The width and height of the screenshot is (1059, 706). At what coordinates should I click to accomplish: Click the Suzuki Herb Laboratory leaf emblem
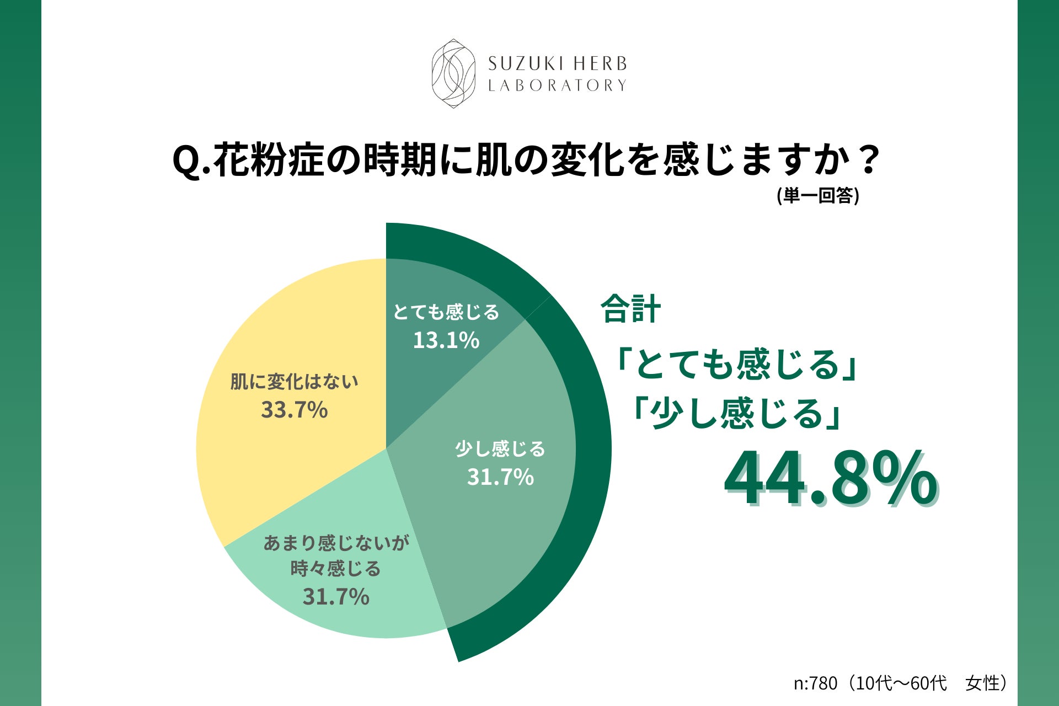pyautogui.click(x=453, y=73)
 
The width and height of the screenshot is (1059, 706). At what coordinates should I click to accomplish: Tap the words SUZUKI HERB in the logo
pyautogui.click(x=557, y=64)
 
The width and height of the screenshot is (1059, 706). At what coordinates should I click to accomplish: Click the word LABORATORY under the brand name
pyautogui.click(x=557, y=85)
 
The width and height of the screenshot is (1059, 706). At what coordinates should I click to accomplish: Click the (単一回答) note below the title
pyautogui.click(x=817, y=195)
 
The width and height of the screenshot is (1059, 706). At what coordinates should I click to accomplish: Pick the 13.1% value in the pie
pyautogui.click(x=446, y=340)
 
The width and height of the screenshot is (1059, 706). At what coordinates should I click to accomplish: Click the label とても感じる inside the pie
pyautogui.click(x=446, y=312)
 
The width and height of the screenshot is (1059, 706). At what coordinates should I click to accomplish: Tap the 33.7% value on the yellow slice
pyautogui.click(x=294, y=410)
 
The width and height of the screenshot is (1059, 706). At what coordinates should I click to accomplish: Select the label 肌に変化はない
pyautogui.click(x=294, y=382)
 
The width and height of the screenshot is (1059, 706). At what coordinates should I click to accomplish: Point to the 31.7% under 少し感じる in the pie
pyautogui.click(x=500, y=477)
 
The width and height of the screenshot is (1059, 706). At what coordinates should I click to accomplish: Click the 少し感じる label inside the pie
pyautogui.click(x=500, y=449)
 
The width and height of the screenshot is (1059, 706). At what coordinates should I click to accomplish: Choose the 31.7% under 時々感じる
pyautogui.click(x=335, y=597)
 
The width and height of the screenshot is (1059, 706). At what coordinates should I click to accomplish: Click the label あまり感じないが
pyautogui.click(x=336, y=543)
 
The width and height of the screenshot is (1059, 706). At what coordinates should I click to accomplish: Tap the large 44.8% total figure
pyautogui.click(x=830, y=479)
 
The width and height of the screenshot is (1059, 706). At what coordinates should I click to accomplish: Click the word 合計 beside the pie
pyautogui.click(x=630, y=309)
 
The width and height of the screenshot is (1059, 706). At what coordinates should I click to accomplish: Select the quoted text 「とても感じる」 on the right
pyautogui.click(x=736, y=365)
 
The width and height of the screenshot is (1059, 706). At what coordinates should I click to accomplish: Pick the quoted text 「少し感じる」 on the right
pyautogui.click(x=736, y=414)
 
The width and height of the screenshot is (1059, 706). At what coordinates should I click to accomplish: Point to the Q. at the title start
pyautogui.click(x=191, y=161)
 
